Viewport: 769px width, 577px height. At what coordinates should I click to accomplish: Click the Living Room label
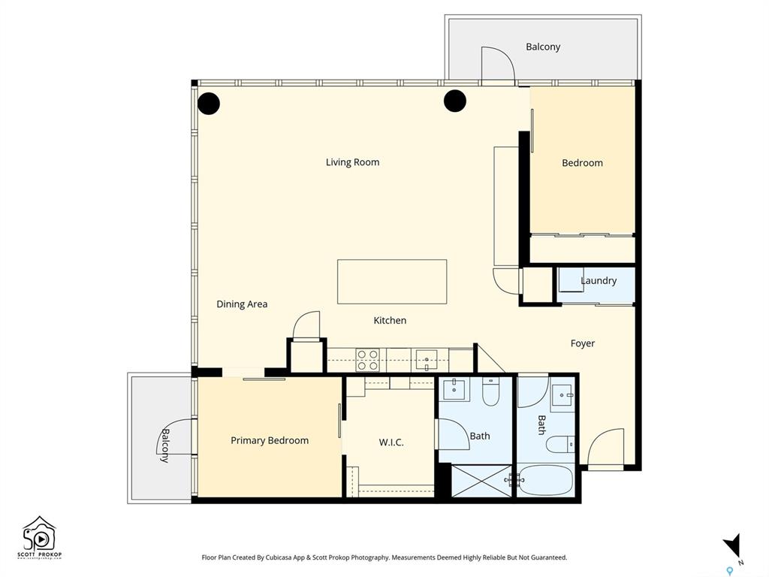coord(353,162)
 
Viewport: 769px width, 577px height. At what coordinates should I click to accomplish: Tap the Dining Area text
coord(242,304)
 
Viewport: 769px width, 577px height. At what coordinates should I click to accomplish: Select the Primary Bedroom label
coord(270,440)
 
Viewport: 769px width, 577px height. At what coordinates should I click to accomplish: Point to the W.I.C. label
coord(391,442)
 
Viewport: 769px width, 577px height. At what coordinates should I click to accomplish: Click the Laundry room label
coord(599,281)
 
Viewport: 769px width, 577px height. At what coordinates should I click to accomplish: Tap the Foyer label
coord(583,343)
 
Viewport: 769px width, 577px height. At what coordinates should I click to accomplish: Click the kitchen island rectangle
coord(392,282)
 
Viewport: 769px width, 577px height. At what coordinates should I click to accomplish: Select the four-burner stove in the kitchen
coord(367,360)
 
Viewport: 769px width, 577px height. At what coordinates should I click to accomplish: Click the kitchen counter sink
coord(427,360)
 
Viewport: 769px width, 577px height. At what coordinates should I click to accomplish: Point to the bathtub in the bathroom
coord(545,480)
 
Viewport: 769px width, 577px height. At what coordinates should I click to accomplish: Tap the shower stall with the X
coord(481,481)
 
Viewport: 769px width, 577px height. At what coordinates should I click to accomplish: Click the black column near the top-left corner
coord(209,104)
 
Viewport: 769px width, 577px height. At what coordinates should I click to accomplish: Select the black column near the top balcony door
coord(454,101)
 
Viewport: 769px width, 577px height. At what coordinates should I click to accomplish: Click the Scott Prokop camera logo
coord(40,537)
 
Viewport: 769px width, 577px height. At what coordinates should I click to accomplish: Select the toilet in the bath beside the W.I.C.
coord(491,391)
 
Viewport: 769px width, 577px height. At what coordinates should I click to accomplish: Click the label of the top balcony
coord(543,47)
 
